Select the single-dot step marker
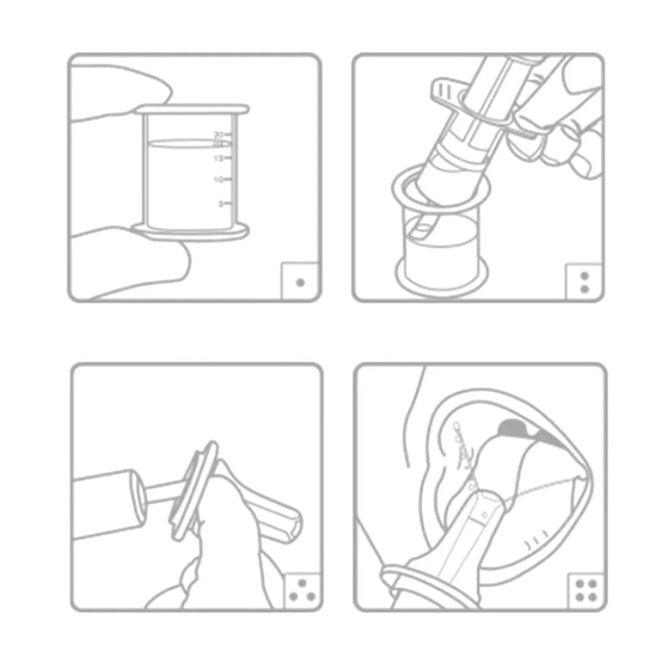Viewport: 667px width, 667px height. [300, 282]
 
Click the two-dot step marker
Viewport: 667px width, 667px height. [584, 282]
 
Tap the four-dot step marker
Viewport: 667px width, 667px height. [584, 591]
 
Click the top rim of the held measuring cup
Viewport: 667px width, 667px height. [193, 109]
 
